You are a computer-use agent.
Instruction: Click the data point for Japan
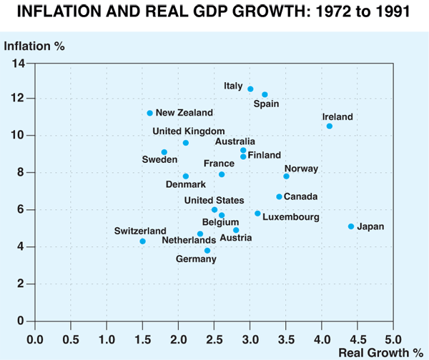(x=351, y=226)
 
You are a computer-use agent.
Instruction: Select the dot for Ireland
(x=330, y=126)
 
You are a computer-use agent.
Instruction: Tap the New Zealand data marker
(x=149, y=113)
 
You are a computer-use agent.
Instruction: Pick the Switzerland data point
(x=142, y=241)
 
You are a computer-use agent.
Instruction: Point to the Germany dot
(x=207, y=251)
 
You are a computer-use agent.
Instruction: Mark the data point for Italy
(x=250, y=89)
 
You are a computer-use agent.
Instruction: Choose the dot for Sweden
(x=164, y=152)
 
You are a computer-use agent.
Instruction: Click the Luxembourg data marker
(x=257, y=214)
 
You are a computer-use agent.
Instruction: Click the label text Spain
(x=266, y=104)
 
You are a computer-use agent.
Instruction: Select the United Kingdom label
(x=189, y=131)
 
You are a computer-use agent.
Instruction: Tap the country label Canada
(x=301, y=196)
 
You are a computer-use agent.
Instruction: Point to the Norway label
(x=301, y=169)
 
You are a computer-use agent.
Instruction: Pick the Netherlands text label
(x=187, y=241)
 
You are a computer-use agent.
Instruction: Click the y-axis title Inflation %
(x=34, y=47)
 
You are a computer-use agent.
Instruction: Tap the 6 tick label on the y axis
(x=22, y=210)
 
